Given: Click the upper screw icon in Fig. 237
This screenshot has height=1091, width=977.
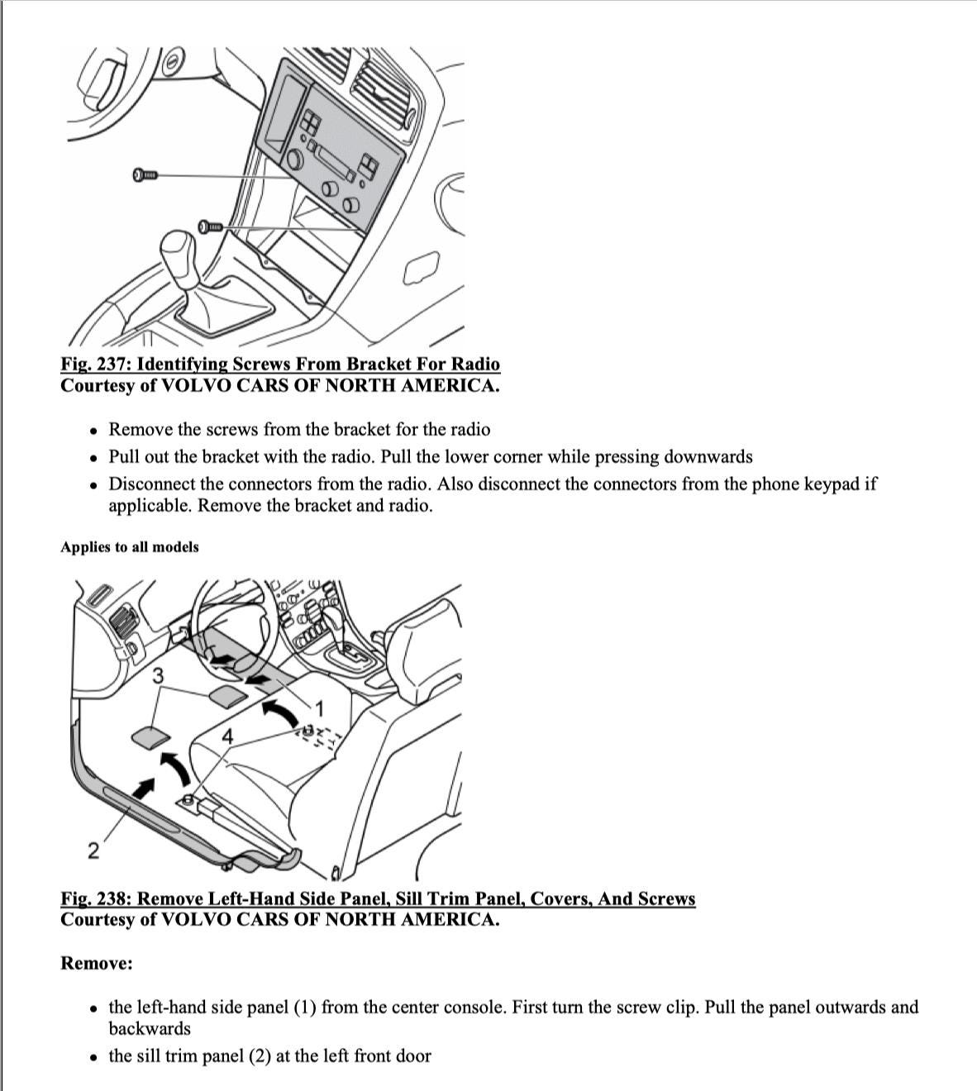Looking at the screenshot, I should coord(144,174).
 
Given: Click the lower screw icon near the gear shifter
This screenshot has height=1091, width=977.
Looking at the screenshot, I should coord(210,226).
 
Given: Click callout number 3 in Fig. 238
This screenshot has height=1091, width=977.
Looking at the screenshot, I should coord(158,676).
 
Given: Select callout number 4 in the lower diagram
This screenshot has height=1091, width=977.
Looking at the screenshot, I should coord(227,736).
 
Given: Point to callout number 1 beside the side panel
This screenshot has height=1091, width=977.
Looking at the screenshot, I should coord(320,709).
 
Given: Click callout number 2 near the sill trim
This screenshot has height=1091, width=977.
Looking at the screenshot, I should coord(93,850).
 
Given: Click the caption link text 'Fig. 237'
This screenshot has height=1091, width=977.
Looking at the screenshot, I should coord(95,364).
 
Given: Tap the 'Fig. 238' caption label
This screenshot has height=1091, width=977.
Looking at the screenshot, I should coord(95,899).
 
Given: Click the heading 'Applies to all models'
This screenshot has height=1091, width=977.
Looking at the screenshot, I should coord(130,547).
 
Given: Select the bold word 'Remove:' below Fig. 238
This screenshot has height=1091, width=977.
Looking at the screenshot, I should coord(97,964).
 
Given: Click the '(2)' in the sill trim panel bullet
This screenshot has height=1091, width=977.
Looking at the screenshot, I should coord(260,1056).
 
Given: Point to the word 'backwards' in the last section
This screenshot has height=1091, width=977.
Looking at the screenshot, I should coord(150,1029).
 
